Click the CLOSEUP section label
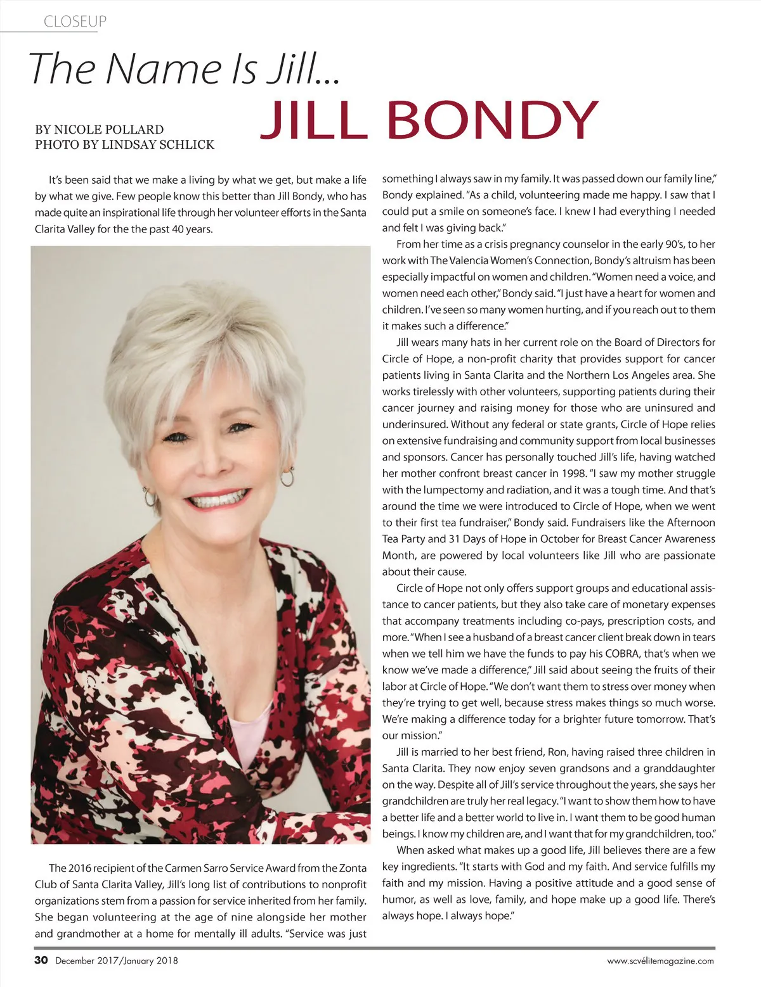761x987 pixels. point(75,22)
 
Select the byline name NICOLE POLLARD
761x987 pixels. point(108,129)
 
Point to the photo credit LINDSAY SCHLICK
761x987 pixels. point(158,145)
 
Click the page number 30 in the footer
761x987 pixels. point(41,960)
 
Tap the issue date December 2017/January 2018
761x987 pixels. point(117,960)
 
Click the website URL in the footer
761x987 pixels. point(660,960)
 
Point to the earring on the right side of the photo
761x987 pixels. point(287,476)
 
